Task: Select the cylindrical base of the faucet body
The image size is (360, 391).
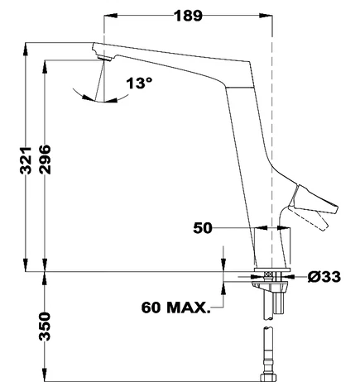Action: [272, 248]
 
